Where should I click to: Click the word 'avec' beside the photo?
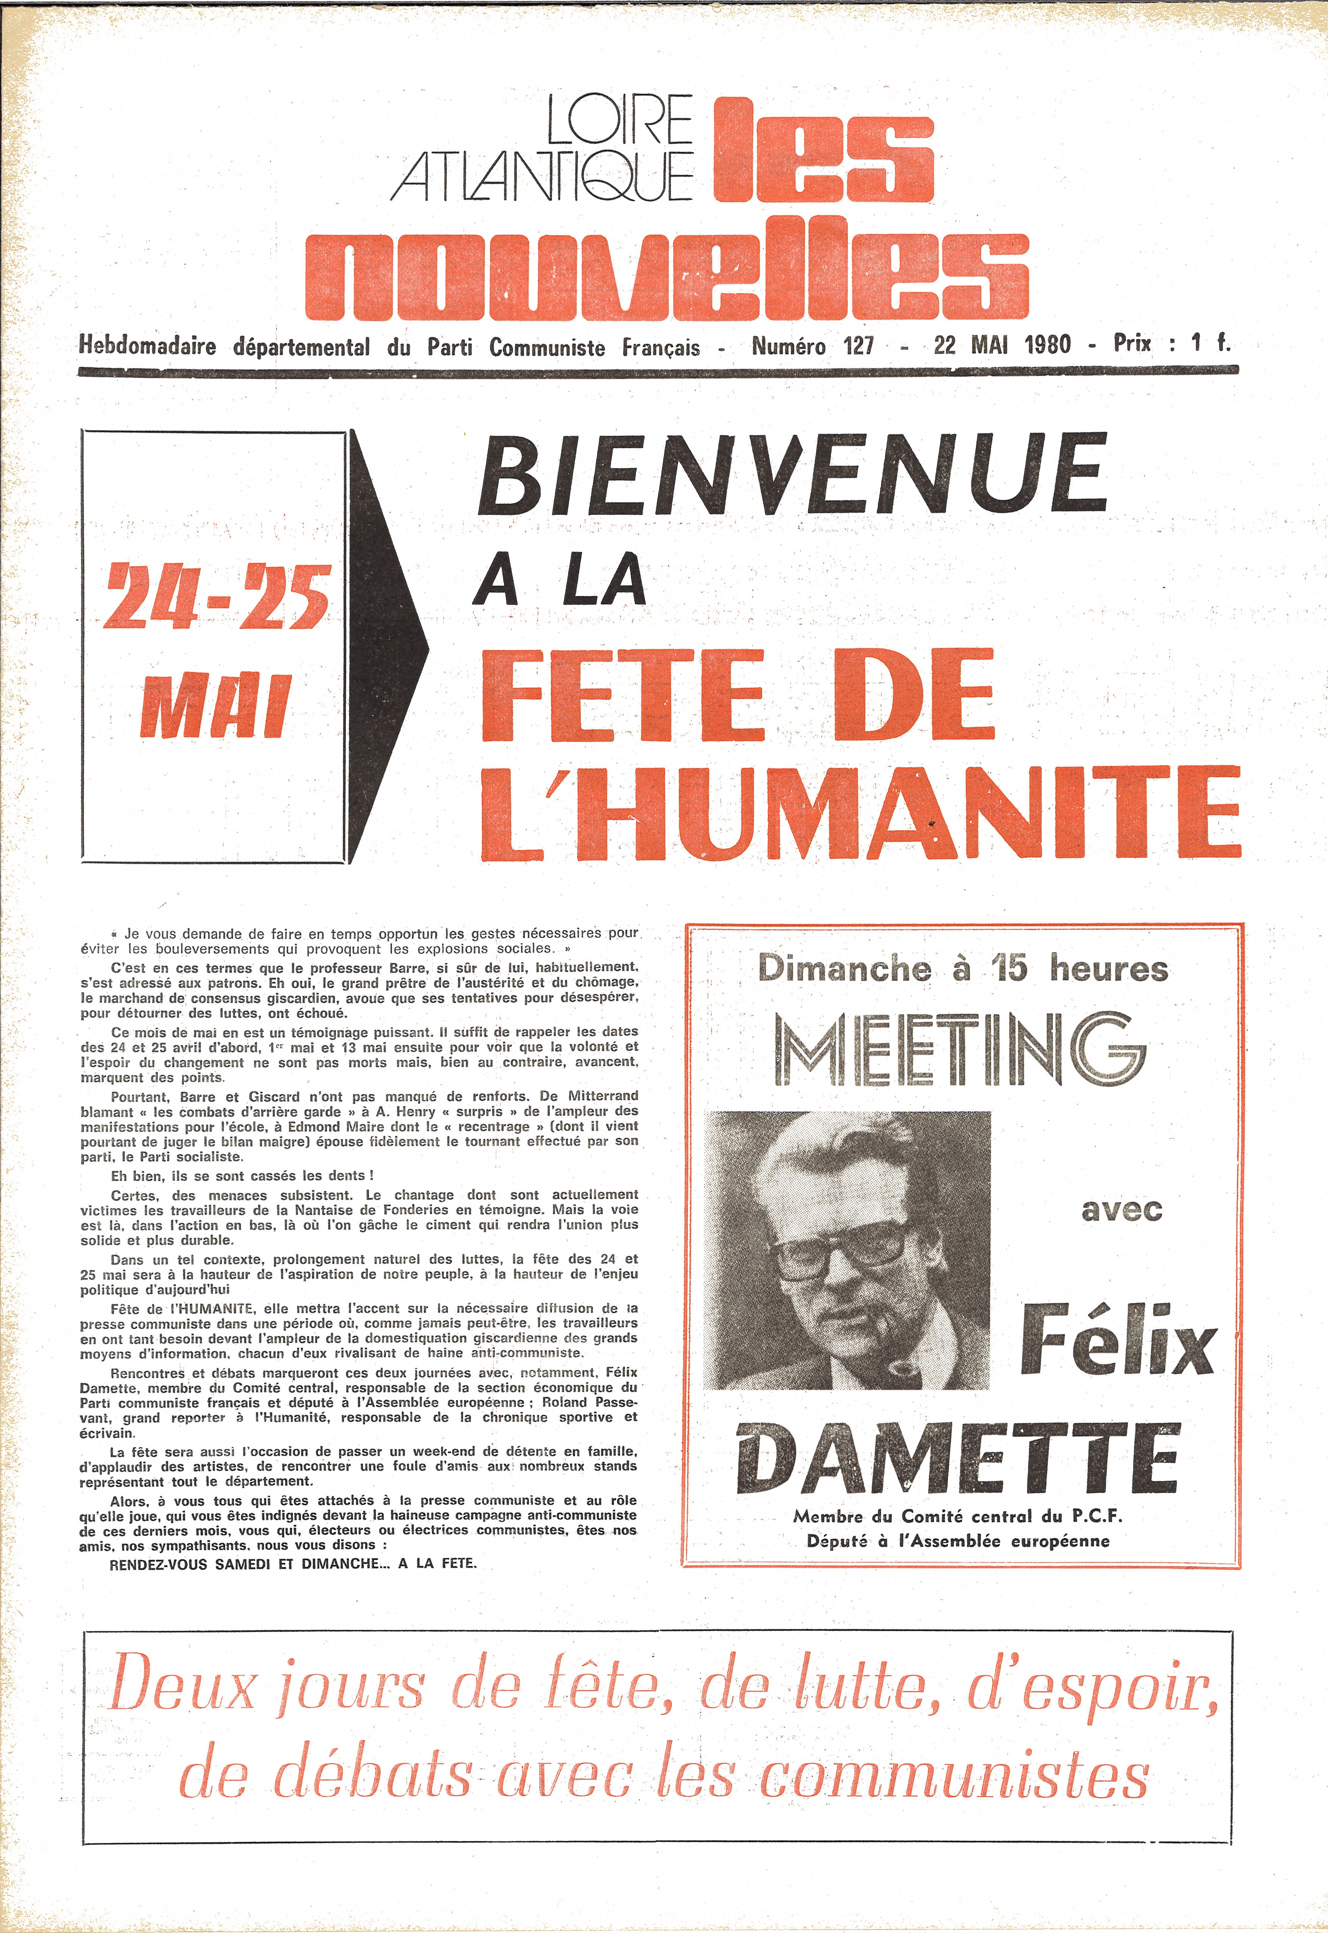click(x=1121, y=1210)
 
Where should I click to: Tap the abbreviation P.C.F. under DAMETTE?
click(x=1097, y=1516)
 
